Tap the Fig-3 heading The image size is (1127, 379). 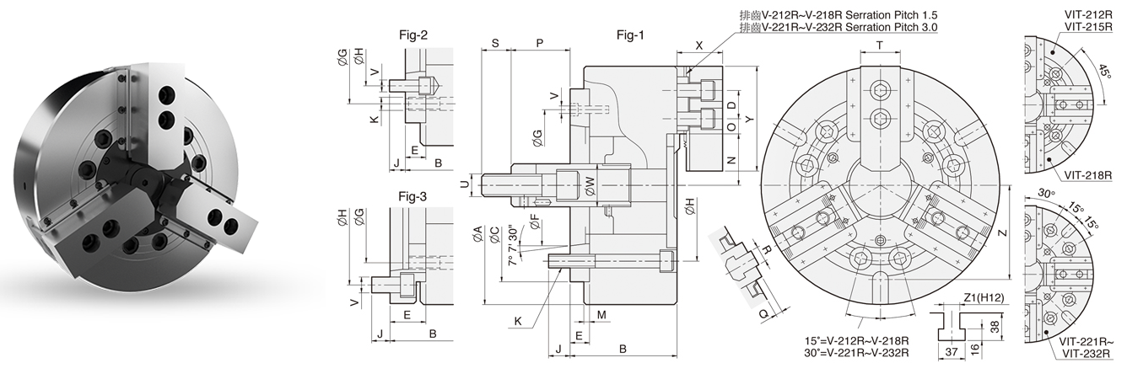(413, 196)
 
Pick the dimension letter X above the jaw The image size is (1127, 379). (699, 43)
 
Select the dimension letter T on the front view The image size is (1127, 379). (880, 44)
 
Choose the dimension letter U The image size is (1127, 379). (465, 184)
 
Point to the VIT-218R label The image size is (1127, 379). (1088, 174)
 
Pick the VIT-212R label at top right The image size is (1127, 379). (1086, 15)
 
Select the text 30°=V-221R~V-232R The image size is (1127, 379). (857, 352)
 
